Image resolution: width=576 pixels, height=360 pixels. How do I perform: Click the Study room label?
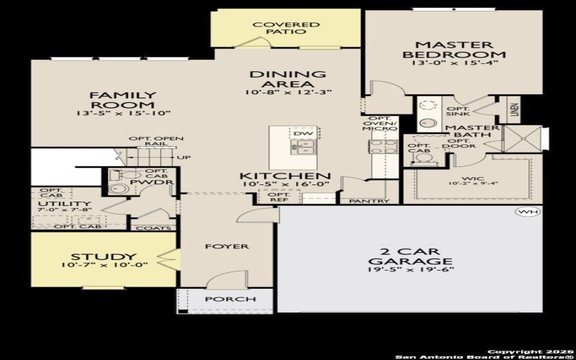pyautogui.click(x=104, y=256)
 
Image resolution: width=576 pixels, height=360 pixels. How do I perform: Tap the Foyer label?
pyautogui.click(x=228, y=246)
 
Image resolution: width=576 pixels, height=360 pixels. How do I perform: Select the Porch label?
pyautogui.click(x=230, y=299)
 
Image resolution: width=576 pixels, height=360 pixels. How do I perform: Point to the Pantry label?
pyautogui.click(x=369, y=201)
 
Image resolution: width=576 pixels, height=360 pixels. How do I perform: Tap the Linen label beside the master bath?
pyautogui.click(x=514, y=110)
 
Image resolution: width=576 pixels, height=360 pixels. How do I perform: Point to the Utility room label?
pyautogui.click(x=54, y=204)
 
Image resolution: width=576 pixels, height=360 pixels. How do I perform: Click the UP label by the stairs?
pyautogui.click(x=184, y=157)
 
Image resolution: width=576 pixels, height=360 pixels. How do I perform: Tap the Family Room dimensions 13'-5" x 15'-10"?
pyautogui.click(x=112, y=113)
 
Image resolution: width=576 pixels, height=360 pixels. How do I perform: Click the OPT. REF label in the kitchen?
pyautogui.click(x=278, y=197)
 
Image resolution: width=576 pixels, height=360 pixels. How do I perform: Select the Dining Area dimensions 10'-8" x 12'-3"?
pyautogui.click(x=287, y=92)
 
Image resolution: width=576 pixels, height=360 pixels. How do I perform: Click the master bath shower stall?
pyautogui.click(x=522, y=138)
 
